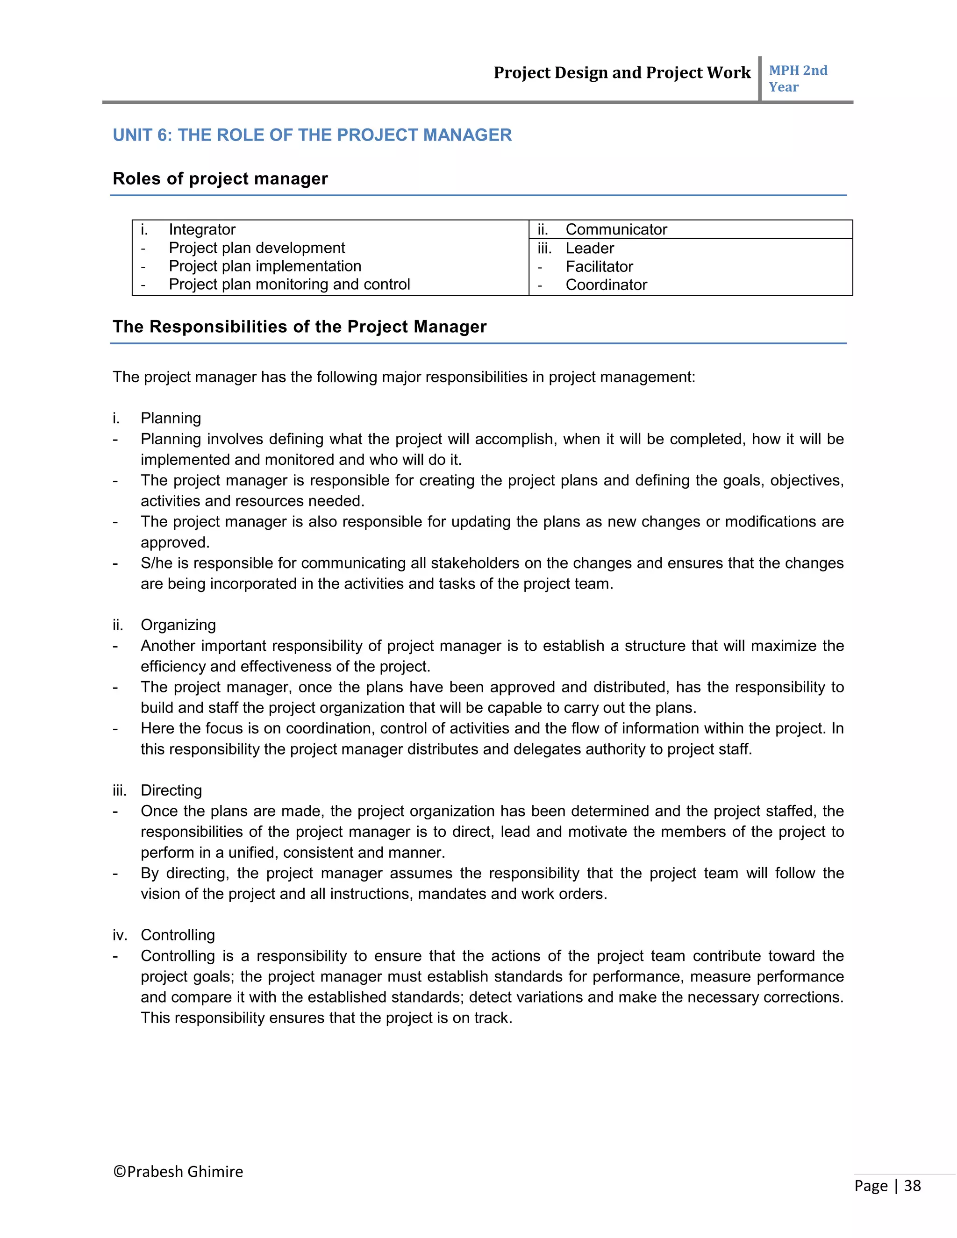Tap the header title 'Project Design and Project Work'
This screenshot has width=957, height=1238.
(622, 72)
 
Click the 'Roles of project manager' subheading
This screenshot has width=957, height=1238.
(220, 178)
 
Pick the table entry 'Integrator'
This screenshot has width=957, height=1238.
(202, 229)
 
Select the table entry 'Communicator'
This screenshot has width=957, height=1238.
(616, 229)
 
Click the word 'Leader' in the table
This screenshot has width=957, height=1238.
(589, 248)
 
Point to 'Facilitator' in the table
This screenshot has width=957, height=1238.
(599, 266)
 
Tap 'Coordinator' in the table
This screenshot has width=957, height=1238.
(606, 285)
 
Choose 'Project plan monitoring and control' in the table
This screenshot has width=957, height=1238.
(289, 284)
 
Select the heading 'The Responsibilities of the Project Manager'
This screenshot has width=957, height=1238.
(300, 327)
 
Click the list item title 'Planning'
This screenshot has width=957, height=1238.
(171, 418)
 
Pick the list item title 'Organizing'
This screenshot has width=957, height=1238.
(178, 625)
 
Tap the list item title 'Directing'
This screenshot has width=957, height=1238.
(171, 790)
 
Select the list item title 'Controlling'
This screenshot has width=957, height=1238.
(178, 935)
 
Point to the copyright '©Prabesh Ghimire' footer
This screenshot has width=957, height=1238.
(178, 1172)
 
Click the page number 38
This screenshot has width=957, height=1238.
(912, 1186)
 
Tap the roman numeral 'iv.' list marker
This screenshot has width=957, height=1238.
(120, 935)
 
